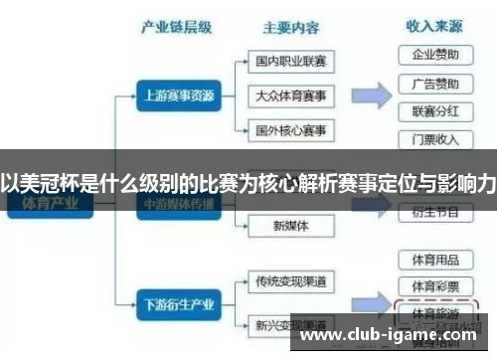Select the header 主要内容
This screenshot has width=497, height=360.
click(290, 29)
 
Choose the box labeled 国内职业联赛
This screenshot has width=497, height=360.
click(290, 62)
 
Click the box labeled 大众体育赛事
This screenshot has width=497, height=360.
click(290, 95)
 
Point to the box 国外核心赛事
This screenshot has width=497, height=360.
click(290, 130)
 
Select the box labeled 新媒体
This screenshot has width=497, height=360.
click(290, 226)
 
